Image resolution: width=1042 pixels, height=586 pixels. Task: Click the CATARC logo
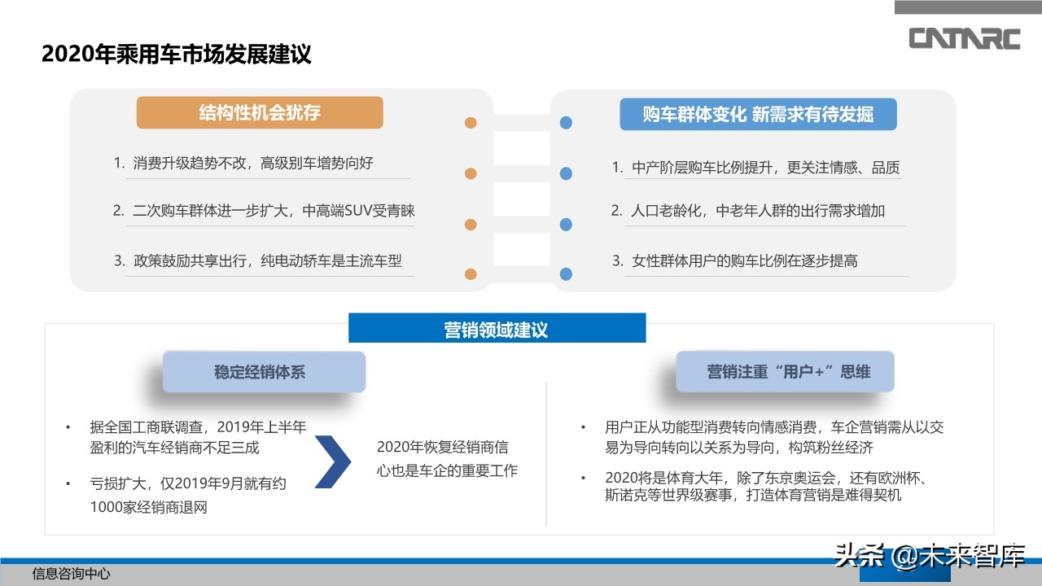click(x=964, y=38)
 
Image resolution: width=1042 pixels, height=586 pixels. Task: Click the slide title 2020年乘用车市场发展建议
click(x=177, y=55)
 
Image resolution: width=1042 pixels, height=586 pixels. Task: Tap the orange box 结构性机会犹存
click(x=260, y=113)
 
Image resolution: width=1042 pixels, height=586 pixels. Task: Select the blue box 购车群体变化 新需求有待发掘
click(x=758, y=115)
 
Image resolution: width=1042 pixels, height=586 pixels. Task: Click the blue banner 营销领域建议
click(x=497, y=329)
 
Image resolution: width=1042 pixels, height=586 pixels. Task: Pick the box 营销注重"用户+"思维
click(x=785, y=371)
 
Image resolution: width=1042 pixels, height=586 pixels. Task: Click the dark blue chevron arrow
click(x=331, y=461)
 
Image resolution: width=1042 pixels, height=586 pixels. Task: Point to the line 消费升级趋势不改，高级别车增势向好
click(x=252, y=163)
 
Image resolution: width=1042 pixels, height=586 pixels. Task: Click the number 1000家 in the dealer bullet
click(x=115, y=506)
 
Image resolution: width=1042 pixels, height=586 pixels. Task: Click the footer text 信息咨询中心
click(x=71, y=574)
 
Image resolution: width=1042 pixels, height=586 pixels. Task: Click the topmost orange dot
click(x=471, y=123)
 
